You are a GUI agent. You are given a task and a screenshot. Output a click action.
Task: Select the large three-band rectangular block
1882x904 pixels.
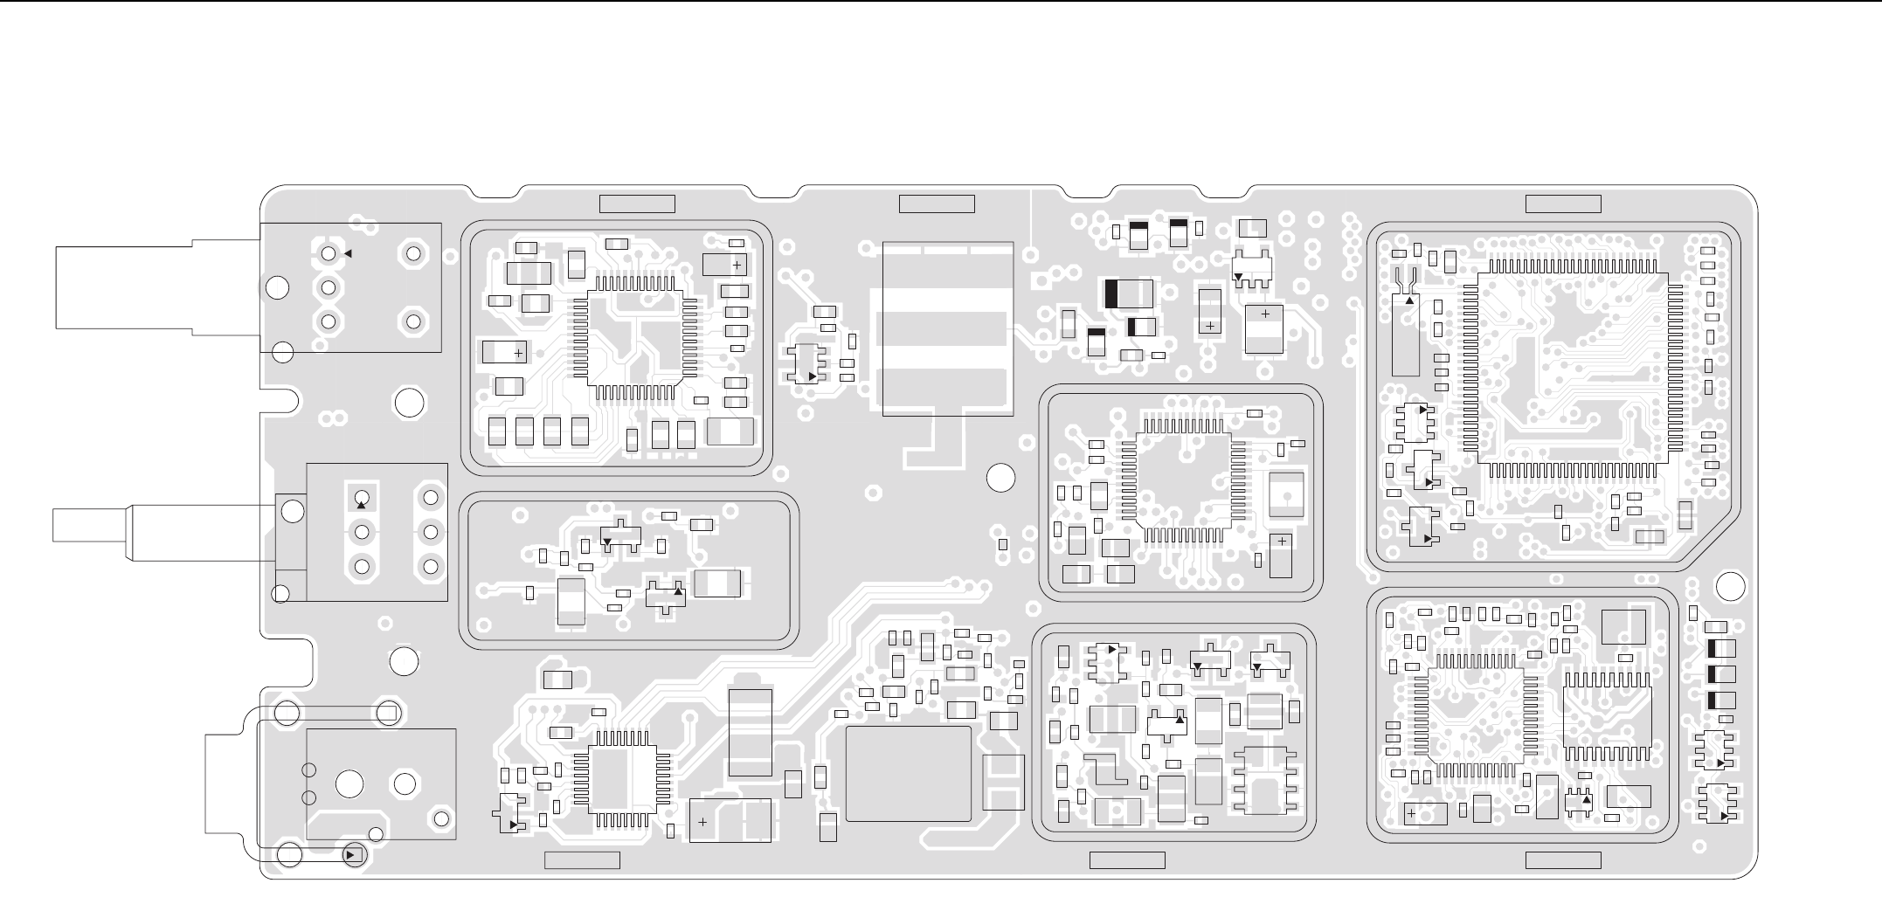948,328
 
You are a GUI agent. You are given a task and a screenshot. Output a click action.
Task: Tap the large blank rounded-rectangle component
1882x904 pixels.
909,774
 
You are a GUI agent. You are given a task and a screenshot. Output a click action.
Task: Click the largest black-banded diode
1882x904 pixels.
1129,293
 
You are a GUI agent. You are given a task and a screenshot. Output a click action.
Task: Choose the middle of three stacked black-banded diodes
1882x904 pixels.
1720,674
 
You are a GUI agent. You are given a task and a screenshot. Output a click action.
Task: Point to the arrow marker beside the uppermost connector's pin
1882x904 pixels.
347,254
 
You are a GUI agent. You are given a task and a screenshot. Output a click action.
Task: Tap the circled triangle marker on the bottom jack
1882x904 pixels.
352,854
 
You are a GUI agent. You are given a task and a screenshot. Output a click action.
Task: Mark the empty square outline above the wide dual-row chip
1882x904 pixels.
1623,627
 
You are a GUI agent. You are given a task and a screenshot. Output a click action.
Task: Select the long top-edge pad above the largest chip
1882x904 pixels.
1563,204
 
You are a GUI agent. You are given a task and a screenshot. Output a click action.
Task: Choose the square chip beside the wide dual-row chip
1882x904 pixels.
1477,716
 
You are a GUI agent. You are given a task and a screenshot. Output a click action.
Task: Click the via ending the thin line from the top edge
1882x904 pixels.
1031,254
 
